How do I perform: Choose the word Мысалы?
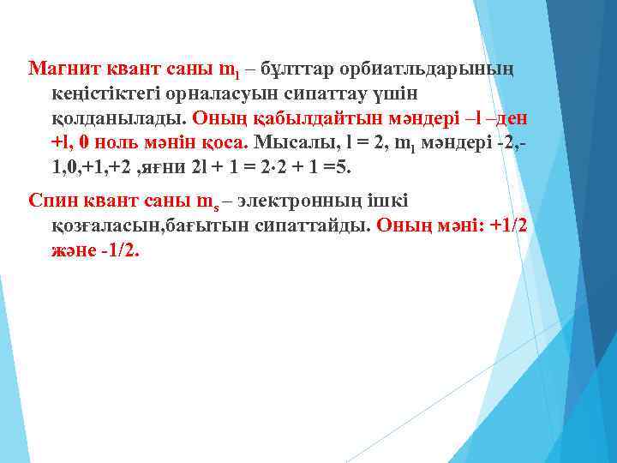291,141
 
